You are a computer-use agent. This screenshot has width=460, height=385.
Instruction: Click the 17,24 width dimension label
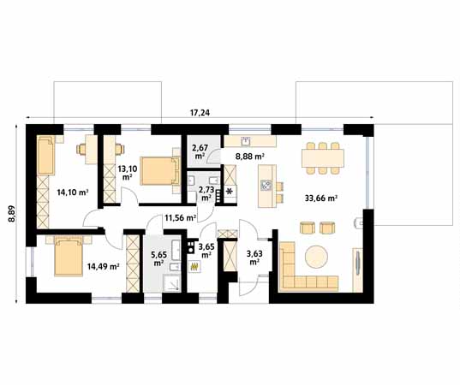tap(200, 113)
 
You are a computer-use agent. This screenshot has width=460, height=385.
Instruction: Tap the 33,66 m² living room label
tap(320, 198)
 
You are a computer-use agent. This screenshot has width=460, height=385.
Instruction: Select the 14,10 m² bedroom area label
tap(73, 192)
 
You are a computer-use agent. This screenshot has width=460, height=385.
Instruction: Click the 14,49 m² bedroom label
tap(103, 266)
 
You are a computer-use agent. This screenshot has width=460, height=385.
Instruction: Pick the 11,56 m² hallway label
tap(181, 217)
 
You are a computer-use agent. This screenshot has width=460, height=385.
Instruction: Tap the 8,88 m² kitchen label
tap(249, 157)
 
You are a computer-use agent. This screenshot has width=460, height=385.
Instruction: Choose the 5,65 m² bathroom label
tap(158, 258)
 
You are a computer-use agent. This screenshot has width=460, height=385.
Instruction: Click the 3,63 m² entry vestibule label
tap(254, 258)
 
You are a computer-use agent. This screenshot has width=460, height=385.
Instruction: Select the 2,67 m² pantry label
tap(200, 151)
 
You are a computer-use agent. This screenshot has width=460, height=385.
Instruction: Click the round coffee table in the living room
tap(316, 257)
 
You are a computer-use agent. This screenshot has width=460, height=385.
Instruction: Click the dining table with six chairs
tap(322, 158)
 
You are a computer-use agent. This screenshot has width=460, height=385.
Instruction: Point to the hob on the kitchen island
tap(266, 185)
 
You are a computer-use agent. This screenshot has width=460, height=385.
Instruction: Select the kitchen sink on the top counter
tap(245, 141)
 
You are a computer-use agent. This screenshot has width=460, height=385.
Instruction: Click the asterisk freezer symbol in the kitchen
tap(230, 192)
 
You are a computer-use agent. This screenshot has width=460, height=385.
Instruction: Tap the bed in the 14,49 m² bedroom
tap(69, 256)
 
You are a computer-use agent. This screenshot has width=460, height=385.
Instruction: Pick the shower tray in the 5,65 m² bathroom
tap(171, 282)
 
